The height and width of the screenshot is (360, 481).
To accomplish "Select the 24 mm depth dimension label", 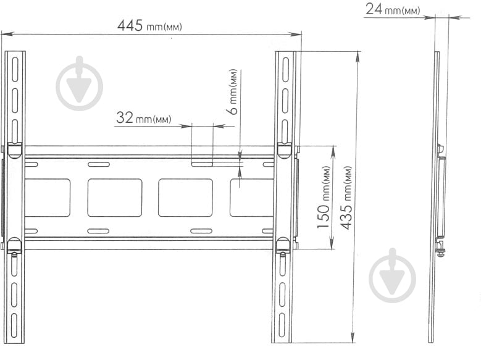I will (393, 9).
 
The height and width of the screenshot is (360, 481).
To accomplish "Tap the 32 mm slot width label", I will (143, 118).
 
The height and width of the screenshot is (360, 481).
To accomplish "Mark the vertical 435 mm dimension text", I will (347, 198).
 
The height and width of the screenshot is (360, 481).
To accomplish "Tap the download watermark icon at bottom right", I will (393, 276).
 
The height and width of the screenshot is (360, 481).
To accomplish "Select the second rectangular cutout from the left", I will (115, 198).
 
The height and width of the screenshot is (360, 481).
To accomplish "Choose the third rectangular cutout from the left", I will (185, 198).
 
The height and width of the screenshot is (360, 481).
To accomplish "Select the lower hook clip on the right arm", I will (283, 245).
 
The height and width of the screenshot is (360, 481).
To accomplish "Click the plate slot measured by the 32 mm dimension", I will (202, 164).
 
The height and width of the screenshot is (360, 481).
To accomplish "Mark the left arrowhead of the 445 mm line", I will (4, 34).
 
